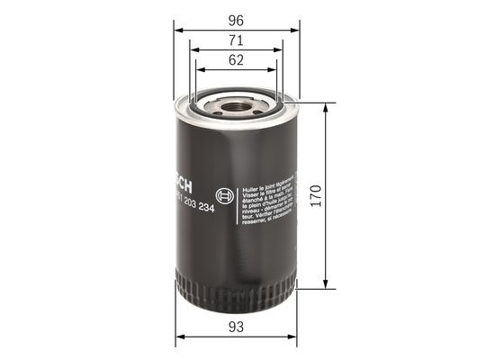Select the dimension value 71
pos(236,40)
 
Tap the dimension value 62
pos(236,61)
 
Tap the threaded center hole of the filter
pos(236,109)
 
